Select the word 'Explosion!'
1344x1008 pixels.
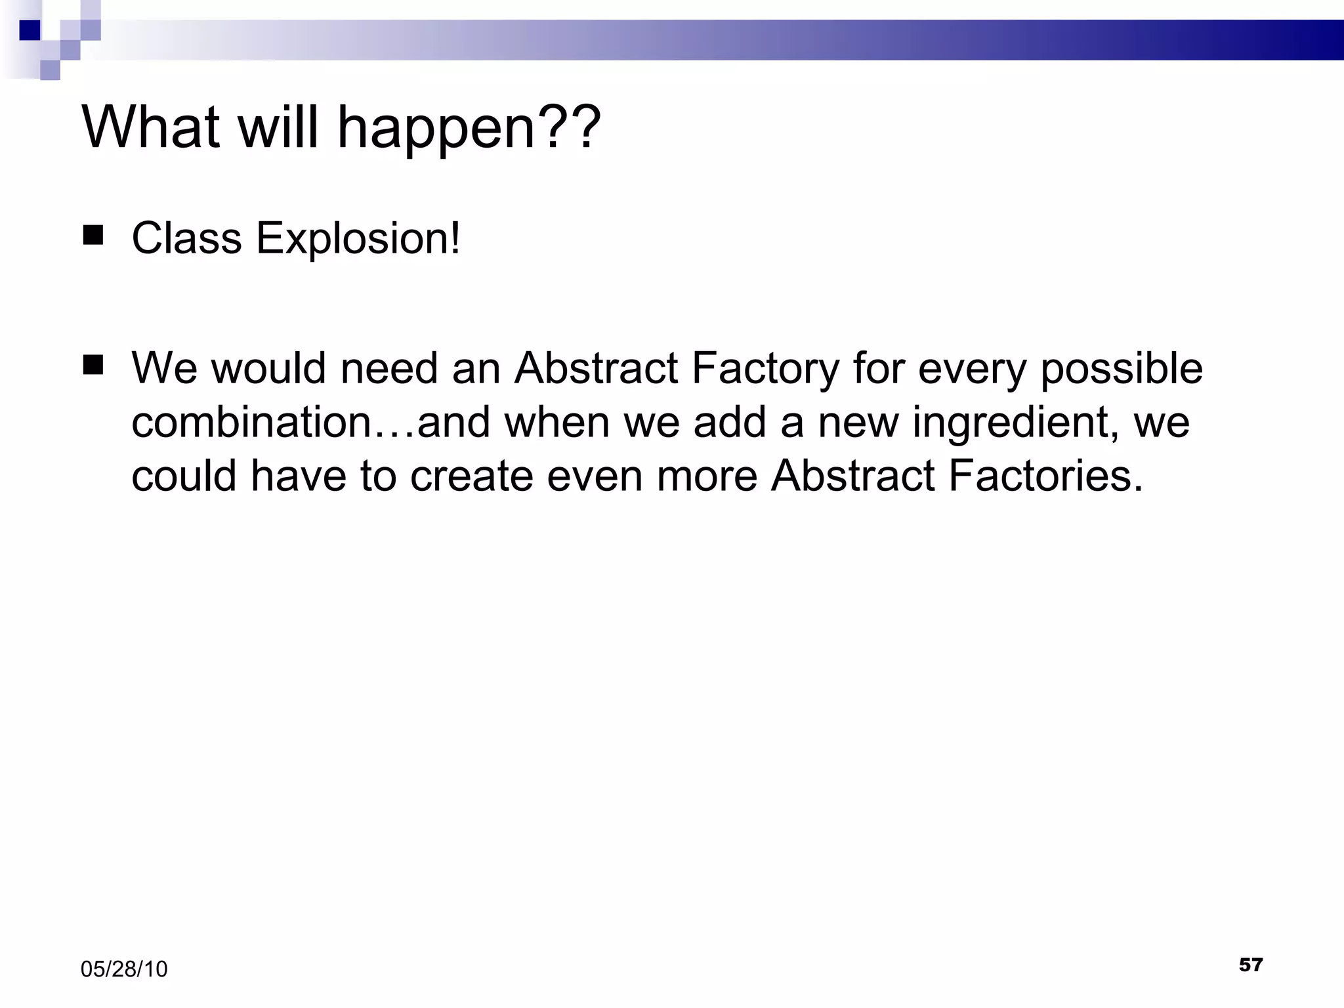pos(358,239)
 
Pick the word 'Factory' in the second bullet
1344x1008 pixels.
pos(765,369)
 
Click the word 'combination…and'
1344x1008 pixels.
pos(310,422)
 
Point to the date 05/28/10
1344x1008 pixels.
pos(124,969)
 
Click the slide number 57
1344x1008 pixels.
pos(1250,965)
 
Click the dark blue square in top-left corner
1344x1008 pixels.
pos(30,30)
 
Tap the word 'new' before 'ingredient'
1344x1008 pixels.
pos(858,422)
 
